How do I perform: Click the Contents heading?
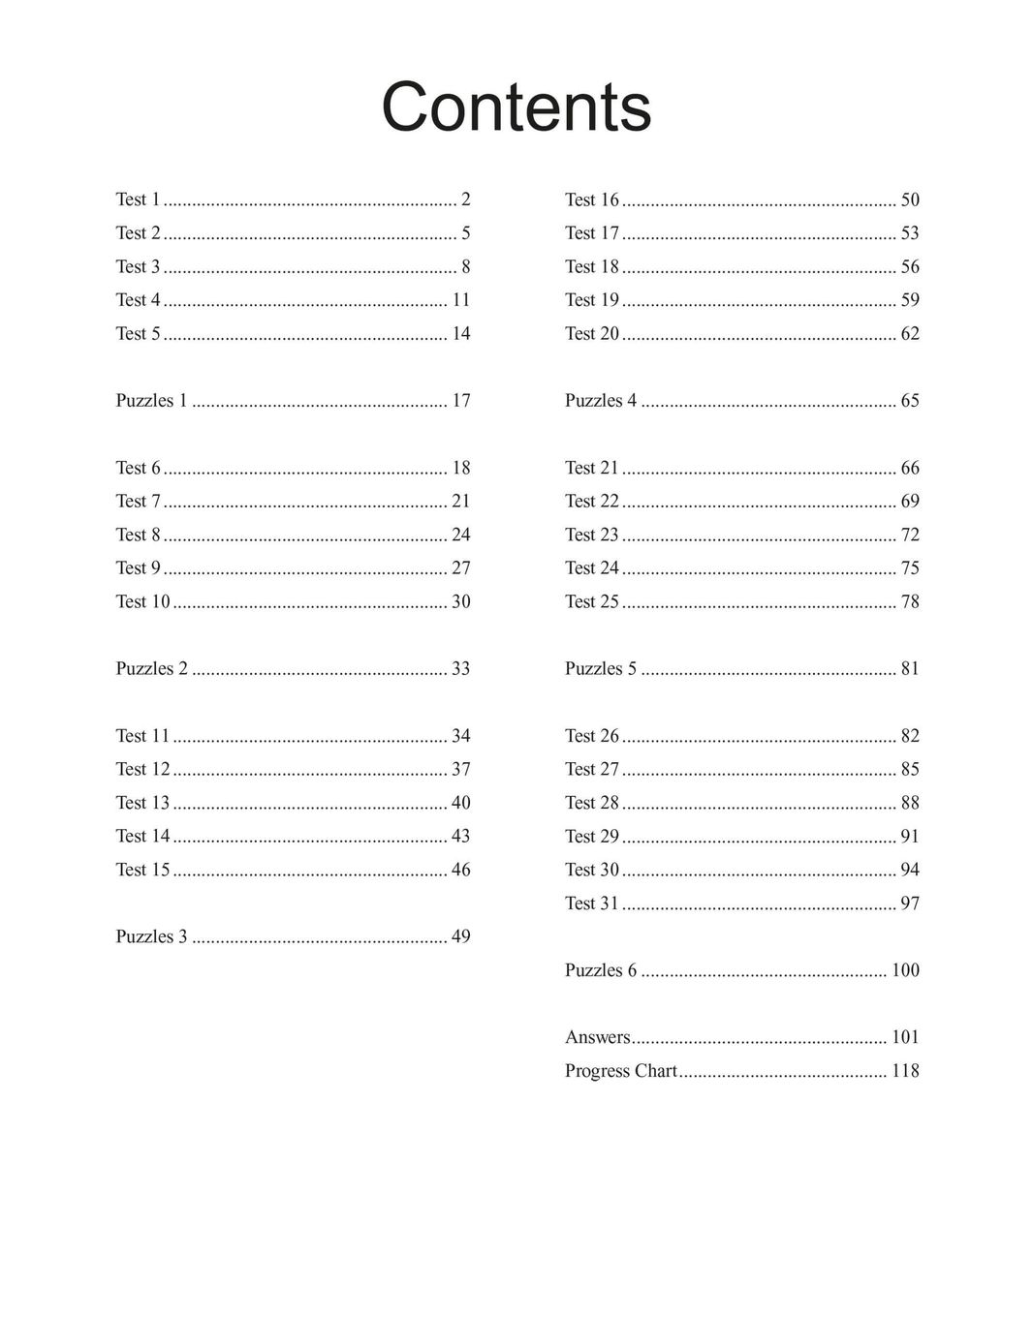516,107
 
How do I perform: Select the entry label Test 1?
138,199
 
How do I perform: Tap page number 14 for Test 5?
461,333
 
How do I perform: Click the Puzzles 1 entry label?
151,400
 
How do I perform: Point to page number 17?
461,400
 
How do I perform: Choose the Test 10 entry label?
142,601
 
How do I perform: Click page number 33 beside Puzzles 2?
461,668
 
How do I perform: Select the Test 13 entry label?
142,803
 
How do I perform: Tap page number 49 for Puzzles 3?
461,936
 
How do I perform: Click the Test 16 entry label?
591,199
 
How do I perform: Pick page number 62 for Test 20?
910,333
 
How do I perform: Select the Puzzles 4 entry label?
601,400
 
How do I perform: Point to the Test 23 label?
591,535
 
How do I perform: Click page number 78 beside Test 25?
910,601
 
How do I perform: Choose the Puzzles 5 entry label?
601,668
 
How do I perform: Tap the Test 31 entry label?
591,904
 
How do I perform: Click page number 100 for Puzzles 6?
905,970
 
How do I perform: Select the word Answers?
597,1037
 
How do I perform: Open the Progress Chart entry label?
620,1071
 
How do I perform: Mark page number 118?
905,1071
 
